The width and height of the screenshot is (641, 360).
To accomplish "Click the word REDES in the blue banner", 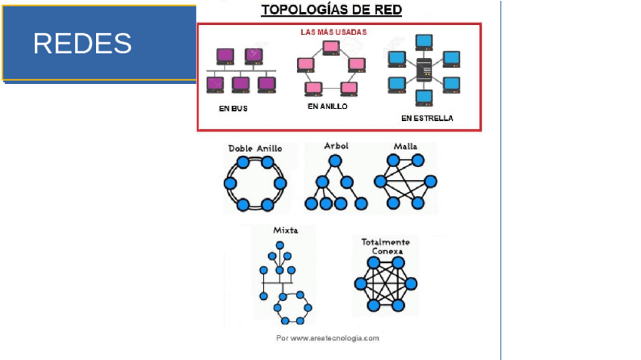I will pos(82,44).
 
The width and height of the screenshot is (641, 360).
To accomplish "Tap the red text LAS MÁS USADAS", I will pos(333,33).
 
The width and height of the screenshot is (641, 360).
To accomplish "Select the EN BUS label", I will pos(233,109).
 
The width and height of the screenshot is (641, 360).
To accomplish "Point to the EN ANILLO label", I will pos(327,107).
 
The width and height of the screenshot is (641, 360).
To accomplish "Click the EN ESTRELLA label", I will pos(427,118).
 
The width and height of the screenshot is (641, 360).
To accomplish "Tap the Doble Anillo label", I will pos(255,149).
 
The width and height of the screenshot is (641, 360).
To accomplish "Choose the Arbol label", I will pos(336,145).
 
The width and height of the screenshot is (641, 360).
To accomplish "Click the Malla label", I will pos(405,146).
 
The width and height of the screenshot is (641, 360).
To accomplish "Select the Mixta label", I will pos(285,230).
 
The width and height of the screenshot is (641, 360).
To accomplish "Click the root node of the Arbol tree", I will pos(335,161).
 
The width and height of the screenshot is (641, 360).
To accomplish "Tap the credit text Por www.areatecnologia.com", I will pos(328,338).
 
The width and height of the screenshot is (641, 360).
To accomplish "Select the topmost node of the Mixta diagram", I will pos(280,244).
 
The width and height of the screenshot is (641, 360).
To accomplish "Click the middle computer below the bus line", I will pos(240,83).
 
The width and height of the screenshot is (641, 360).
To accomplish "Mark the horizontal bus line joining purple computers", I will pos(240,71).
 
